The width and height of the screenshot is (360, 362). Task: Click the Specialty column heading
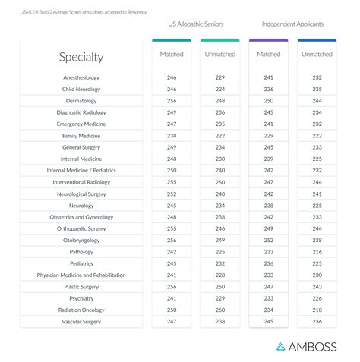81,57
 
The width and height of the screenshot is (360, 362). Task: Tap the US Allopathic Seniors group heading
196,24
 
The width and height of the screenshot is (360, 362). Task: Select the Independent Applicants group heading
292,24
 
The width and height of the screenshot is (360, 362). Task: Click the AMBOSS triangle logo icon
280,347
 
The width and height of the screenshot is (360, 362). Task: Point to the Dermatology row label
81,101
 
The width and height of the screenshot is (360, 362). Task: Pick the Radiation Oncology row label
81,310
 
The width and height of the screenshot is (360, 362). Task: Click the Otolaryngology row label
81,241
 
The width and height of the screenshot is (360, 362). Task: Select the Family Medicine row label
81,136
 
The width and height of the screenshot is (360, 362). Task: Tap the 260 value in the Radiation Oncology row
220,310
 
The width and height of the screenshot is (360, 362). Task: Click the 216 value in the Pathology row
317,252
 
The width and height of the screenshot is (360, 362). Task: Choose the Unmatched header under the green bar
220,54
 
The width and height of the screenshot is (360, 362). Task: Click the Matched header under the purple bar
269,54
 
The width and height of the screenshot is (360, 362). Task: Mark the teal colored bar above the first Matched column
172,40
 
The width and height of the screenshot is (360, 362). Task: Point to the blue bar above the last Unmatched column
317,40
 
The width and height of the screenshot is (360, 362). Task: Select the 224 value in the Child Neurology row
220,89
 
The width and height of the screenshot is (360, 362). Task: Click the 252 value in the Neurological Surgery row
172,194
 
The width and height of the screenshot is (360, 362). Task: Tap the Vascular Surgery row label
81,322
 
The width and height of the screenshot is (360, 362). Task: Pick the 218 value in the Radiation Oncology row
317,310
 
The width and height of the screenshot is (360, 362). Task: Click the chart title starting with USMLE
84,12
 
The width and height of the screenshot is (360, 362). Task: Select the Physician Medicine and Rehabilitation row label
81,275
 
